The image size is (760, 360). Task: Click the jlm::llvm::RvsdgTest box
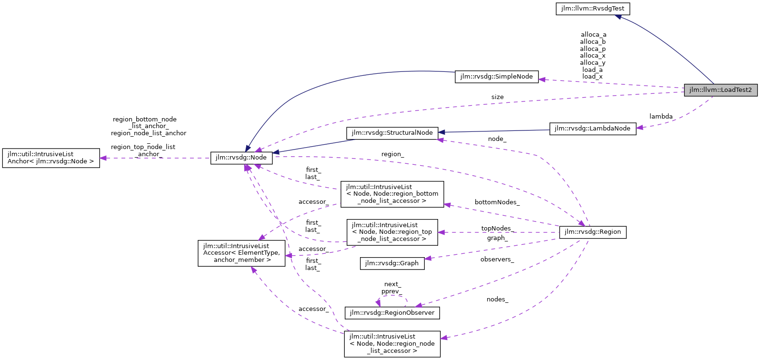click(x=592, y=9)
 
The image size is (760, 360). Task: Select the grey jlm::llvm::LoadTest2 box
click(x=720, y=90)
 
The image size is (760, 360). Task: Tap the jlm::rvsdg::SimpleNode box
click(x=497, y=77)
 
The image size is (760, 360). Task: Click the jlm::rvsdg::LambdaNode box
click(x=592, y=129)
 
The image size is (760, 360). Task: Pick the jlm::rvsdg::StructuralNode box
click(x=392, y=133)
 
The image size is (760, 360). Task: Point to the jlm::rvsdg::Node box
click(x=241, y=158)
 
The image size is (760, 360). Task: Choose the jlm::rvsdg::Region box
click(x=592, y=232)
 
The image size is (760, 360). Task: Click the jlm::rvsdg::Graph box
click(x=392, y=263)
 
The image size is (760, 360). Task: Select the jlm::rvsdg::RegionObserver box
click(x=392, y=313)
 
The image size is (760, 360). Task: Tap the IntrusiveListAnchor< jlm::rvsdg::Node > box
click(x=51, y=158)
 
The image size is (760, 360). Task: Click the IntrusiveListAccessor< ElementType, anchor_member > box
click(x=241, y=253)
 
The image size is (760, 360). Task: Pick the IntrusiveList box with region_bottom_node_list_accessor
click(x=392, y=194)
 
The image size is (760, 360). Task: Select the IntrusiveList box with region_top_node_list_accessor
click(x=392, y=232)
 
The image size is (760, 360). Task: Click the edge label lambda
click(x=661, y=117)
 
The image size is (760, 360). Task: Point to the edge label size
click(x=497, y=97)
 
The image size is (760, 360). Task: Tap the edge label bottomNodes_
click(x=497, y=202)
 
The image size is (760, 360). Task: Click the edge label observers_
click(x=497, y=260)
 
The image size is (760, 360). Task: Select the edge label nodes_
click(x=497, y=300)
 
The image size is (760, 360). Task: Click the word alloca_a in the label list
click(x=593, y=35)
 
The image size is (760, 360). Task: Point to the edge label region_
click(x=392, y=154)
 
